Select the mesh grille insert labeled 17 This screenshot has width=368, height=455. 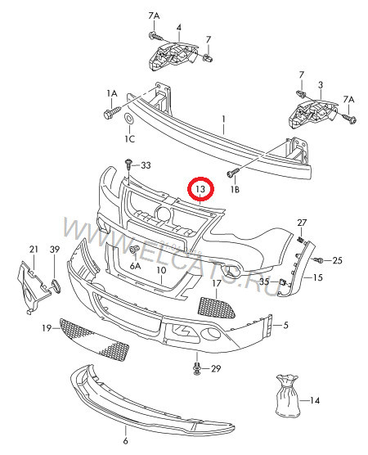click(216, 307)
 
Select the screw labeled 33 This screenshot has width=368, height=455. click(128, 168)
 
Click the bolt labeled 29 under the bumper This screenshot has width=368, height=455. click(197, 368)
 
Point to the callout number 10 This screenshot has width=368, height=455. click(161, 269)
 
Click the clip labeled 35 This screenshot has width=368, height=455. click(281, 282)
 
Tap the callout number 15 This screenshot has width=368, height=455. click(317, 278)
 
